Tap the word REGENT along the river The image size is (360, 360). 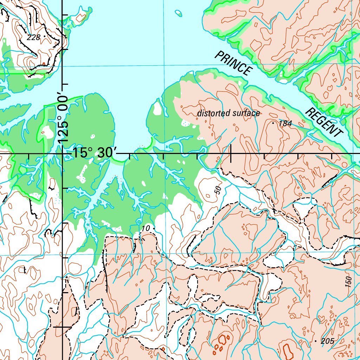pyautogui.click(x=324, y=123)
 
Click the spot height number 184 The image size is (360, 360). pyautogui.click(x=285, y=124)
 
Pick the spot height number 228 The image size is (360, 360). pyautogui.click(x=33, y=37)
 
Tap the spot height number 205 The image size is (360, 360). pyautogui.click(x=327, y=341)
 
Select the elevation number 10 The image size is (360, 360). pyautogui.click(x=146, y=229)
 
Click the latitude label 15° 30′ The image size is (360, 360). pyautogui.click(x=94, y=154)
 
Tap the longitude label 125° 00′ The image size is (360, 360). pyautogui.click(x=63, y=119)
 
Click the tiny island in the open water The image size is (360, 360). pyautogui.click(x=179, y=13)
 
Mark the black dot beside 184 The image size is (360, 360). pyautogui.click(x=273, y=123)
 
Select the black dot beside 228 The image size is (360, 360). pyautogui.click(x=45, y=36)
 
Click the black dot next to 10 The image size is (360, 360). pyautogui.click(x=154, y=229)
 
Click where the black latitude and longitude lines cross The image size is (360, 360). pyautogui.click(x=63, y=154)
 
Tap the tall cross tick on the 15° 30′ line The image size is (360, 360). pyautogui.click(x=231, y=154)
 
